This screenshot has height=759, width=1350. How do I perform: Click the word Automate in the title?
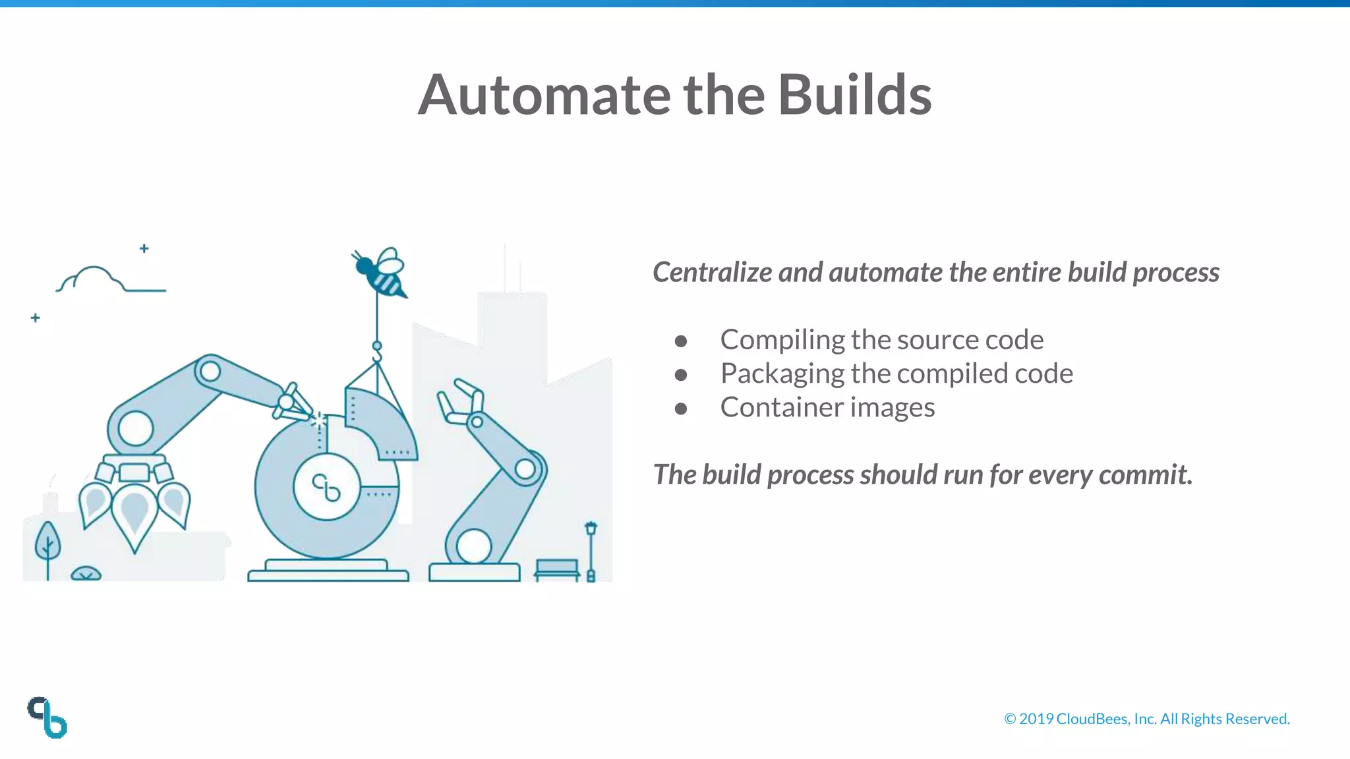(544, 95)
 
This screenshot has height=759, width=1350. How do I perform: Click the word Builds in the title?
(854, 95)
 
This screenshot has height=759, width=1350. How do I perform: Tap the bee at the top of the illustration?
(381, 273)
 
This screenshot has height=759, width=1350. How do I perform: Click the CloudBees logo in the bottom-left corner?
(47, 717)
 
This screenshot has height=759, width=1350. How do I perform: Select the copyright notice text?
(1146, 719)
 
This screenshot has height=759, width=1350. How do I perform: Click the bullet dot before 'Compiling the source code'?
(681, 341)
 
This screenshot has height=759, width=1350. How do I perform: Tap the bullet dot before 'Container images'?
(681, 409)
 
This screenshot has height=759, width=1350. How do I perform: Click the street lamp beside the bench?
(591, 550)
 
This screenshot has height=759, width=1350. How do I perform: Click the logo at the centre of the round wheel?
(326, 488)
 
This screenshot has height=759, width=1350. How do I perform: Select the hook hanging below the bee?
(377, 353)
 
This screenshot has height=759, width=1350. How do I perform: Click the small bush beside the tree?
(86, 574)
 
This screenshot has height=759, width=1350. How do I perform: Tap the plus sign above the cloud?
(144, 248)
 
